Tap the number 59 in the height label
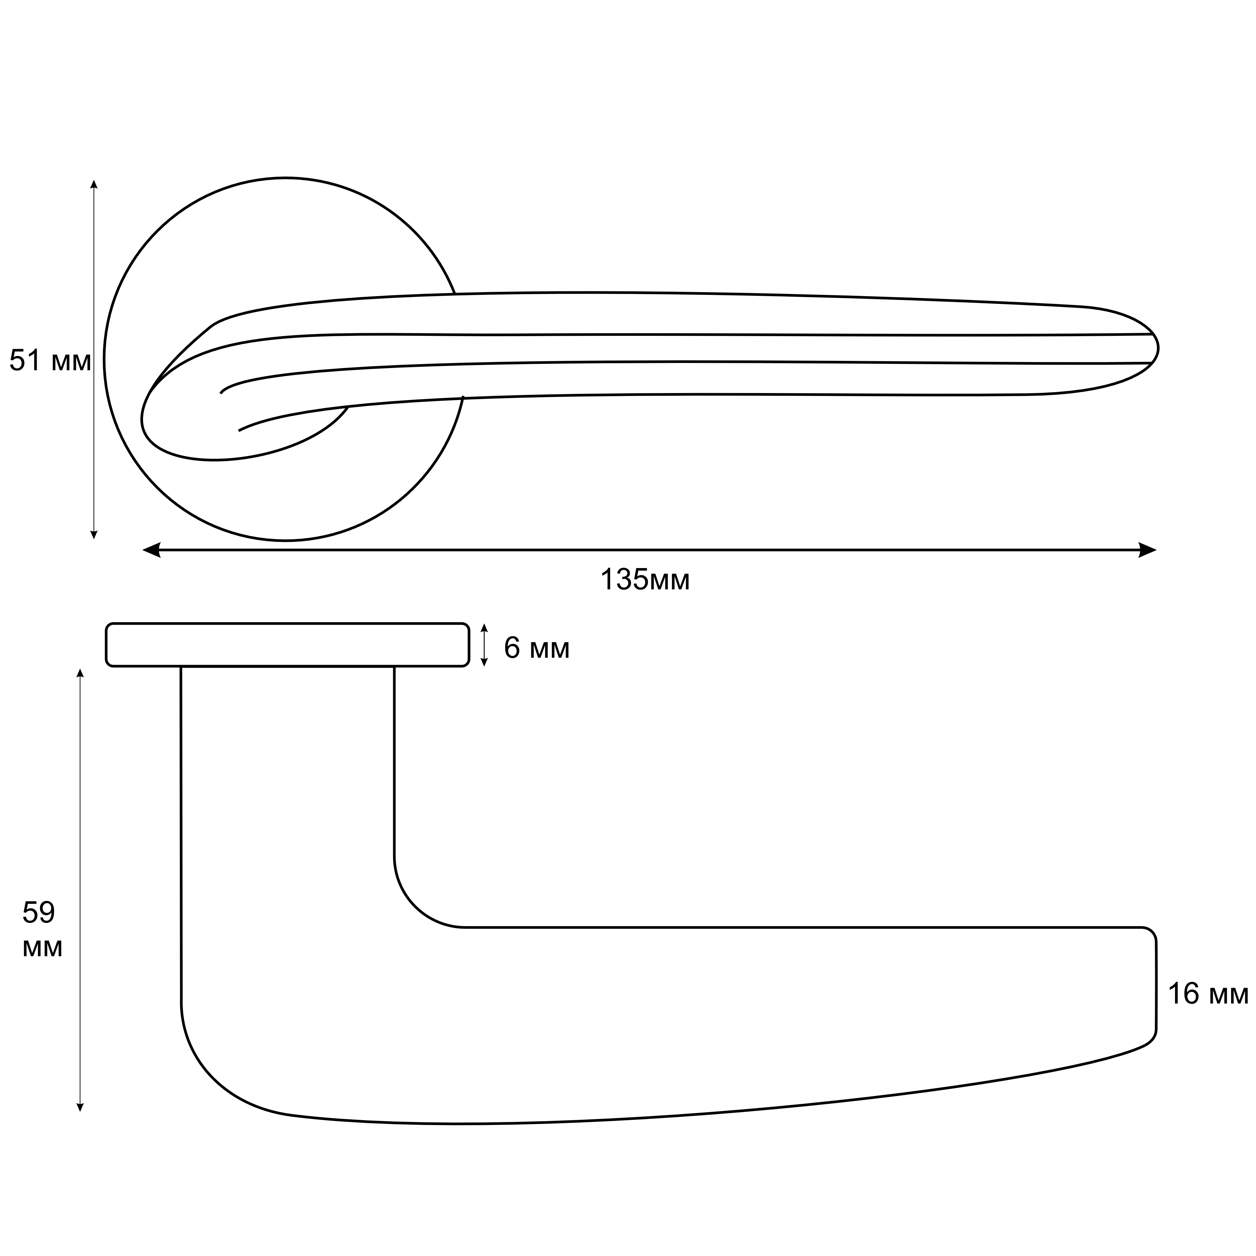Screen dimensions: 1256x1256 [39, 914]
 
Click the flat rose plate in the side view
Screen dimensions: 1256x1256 [287, 645]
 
